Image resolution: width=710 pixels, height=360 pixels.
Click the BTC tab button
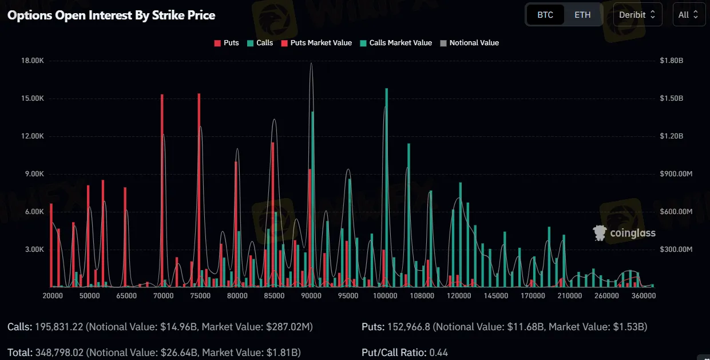[545, 15]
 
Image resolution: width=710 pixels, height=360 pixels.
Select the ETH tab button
[582, 15]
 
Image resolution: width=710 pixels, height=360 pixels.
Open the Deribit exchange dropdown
[637, 15]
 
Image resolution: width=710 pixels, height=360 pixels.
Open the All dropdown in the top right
[688, 15]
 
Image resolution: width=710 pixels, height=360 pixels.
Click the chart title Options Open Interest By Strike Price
[111, 15]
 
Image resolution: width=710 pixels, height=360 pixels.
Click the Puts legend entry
[227, 43]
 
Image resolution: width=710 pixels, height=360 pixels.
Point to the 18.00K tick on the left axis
[32, 61]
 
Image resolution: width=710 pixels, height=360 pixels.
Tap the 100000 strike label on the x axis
[385, 296]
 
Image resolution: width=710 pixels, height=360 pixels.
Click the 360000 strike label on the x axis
[643, 296]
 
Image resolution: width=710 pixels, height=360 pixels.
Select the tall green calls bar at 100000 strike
[387, 189]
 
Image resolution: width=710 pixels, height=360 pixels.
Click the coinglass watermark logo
[624, 232]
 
